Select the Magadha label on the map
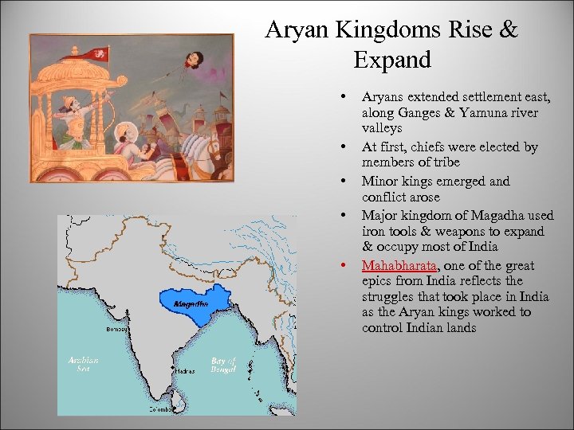(191, 303)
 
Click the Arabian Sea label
(84, 365)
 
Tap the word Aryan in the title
(297, 30)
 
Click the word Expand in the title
(391, 60)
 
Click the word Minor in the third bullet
(380, 182)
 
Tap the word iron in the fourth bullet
(374, 232)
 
